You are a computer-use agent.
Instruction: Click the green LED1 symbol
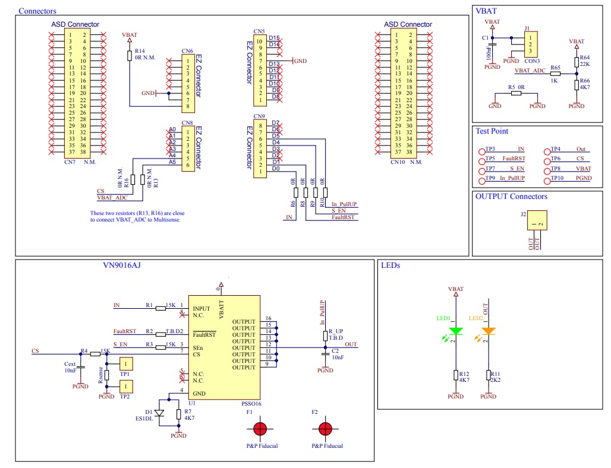coord(456,331)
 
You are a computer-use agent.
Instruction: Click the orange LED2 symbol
coord(488,331)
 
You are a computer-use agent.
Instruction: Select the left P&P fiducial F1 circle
coord(260,429)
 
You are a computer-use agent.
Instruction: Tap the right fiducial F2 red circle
coord(325,429)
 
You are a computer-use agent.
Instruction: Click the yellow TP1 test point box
coord(126,364)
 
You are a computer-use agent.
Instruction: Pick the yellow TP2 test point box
coord(126,387)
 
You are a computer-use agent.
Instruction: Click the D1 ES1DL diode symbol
coord(159,413)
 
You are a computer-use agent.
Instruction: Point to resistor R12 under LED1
coord(456,375)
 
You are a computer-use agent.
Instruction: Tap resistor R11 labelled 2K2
coord(488,375)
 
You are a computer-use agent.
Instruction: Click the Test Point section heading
coord(492,131)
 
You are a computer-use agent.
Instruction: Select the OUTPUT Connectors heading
coord(511,197)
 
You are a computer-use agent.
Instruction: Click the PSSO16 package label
coord(252,403)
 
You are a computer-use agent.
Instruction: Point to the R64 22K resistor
coord(576,61)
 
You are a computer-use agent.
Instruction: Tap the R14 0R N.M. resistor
coord(130,55)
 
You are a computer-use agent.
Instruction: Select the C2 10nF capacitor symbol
coord(325,354)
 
